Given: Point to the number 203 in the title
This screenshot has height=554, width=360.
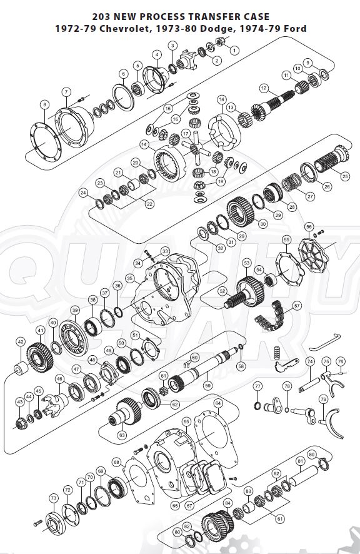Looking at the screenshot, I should click(x=102, y=17).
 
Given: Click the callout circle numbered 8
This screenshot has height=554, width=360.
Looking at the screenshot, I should click(x=44, y=104).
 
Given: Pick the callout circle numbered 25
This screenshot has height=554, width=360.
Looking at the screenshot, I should click(x=344, y=176).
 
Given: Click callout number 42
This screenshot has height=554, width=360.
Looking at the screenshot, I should click(x=21, y=342).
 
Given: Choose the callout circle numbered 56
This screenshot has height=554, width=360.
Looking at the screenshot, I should click(x=308, y=226).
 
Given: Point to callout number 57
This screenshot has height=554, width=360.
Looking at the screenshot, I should click(x=297, y=306).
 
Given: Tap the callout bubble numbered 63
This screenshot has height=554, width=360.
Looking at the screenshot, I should click(x=122, y=434).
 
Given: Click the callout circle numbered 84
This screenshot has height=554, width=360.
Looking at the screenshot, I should click(x=228, y=502).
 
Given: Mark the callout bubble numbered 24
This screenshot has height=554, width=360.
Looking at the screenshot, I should click(x=83, y=193).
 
